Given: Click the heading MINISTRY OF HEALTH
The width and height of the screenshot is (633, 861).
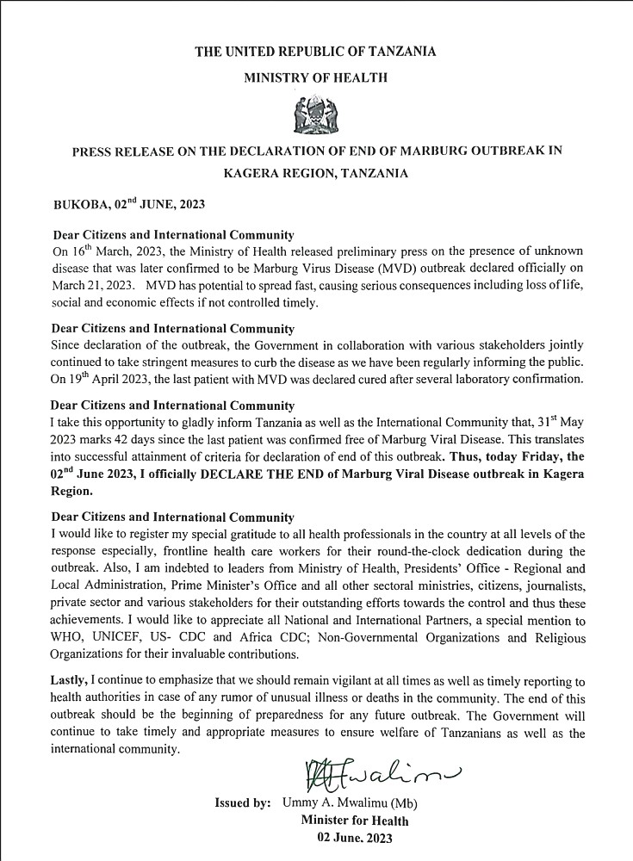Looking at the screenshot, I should (315, 77).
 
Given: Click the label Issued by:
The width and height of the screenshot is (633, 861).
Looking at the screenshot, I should (244, 802).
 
